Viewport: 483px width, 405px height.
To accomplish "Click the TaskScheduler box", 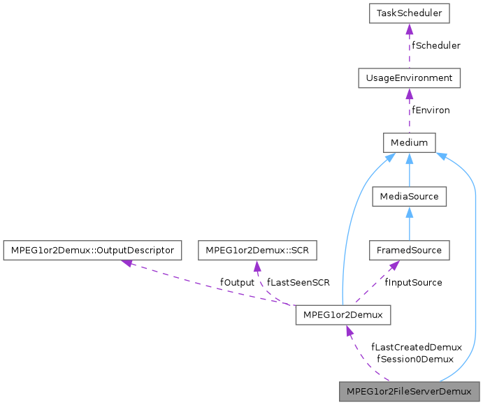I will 409,13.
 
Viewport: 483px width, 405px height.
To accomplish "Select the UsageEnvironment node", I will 409,78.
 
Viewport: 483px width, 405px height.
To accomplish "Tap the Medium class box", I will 409,142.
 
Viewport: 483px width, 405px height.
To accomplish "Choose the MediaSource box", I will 409,196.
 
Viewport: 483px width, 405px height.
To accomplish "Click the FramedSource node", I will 409,250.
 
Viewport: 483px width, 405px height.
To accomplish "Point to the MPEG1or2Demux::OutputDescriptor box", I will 92,250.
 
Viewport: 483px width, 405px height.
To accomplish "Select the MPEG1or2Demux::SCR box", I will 257,250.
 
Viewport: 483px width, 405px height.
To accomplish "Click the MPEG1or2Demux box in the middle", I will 343,315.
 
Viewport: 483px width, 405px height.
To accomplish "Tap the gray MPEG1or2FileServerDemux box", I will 409,391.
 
